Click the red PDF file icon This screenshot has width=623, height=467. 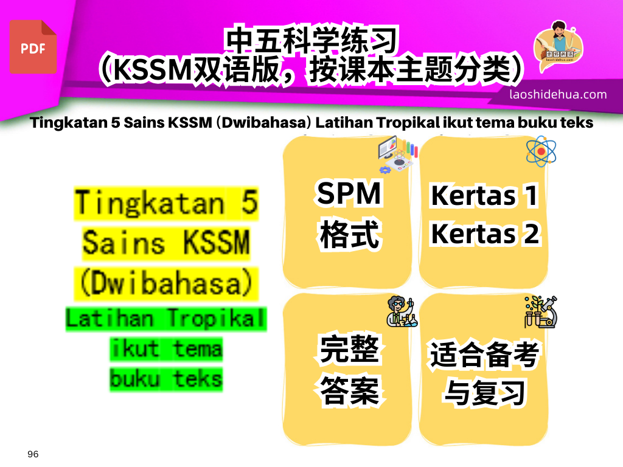33,47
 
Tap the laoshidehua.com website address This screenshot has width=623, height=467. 558,94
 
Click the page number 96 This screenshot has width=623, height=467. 33,454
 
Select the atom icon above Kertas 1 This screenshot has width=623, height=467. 541,151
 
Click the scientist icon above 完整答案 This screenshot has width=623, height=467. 402,312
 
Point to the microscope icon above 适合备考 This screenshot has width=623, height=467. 541,312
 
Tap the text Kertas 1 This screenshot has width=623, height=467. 484,196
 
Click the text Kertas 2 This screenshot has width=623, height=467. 485,234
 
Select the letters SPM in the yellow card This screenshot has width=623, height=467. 349,193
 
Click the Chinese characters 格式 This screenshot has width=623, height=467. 349,234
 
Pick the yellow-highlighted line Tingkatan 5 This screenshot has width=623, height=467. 167,203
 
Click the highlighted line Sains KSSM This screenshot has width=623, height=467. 166,243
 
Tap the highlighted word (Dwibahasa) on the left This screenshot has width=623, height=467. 167,283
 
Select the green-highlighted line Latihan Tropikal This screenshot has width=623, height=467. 166,319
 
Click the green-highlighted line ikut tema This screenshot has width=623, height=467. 166,349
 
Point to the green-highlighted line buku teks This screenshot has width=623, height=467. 166,379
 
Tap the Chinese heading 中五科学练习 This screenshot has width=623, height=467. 311,40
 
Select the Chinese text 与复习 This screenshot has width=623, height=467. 485,393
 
